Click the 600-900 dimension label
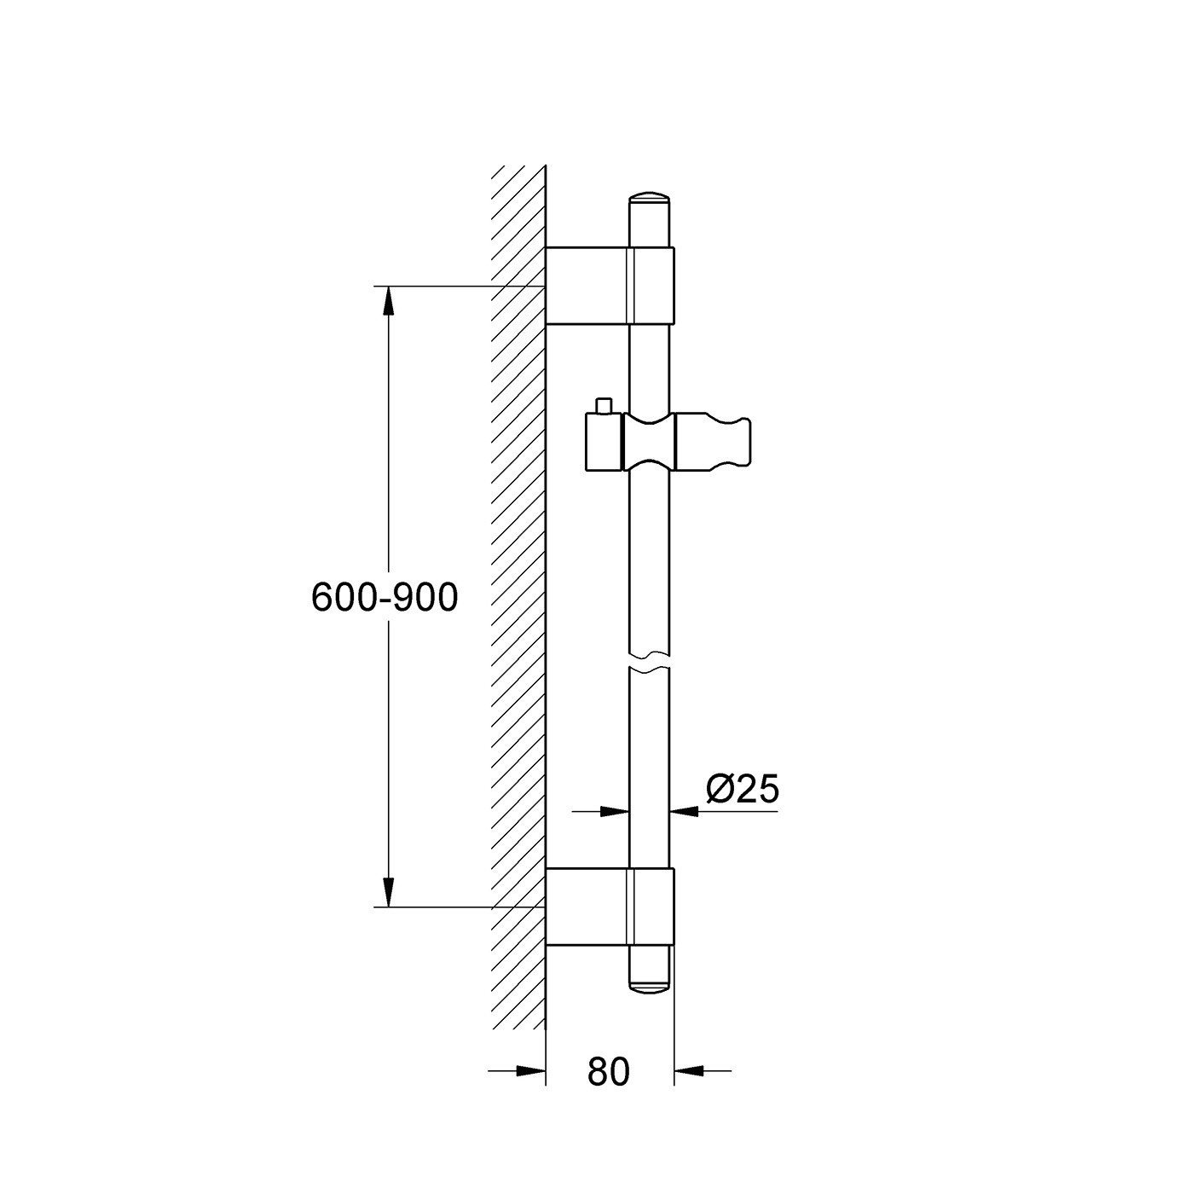385,598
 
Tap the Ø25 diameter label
743,790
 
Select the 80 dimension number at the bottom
608,1072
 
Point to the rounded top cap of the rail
651,200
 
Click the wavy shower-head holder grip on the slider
714,442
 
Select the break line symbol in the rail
650,661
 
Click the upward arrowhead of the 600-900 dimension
389,300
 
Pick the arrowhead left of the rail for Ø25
616,811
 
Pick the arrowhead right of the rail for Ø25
685,811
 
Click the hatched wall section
518,597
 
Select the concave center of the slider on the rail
650,442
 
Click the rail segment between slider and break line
650,563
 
